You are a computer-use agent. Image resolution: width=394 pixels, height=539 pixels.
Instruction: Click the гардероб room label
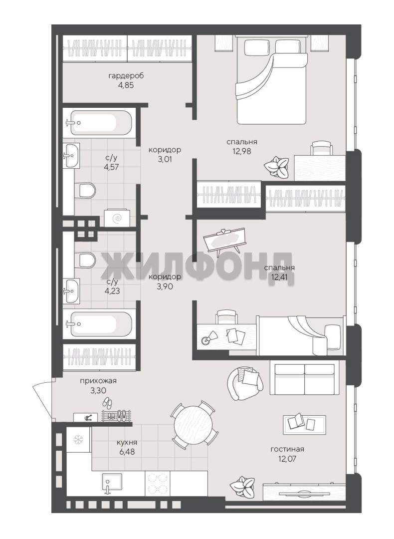click(x=125, y=76)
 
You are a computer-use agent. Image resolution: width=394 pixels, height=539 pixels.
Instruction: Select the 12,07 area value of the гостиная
click(x=287, y=458)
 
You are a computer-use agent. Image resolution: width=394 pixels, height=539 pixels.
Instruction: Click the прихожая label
click(x=98, y=380)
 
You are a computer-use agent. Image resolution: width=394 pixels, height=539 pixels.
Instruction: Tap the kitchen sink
click(x=112, y=484)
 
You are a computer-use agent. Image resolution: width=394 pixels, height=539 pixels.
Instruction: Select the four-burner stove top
click(x=157, y=483)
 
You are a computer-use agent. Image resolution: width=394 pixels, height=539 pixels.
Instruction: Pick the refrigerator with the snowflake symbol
click(x=79, y=439)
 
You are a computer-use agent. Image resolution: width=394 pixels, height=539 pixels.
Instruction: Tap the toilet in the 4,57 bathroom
click(x=87, y=190)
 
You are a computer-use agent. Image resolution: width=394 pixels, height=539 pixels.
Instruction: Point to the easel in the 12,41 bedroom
click(x=225, y=240)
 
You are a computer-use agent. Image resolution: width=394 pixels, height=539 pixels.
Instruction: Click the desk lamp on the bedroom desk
click(x=209, y=337)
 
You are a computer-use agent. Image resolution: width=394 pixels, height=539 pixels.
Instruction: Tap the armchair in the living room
click(x=244, y=383)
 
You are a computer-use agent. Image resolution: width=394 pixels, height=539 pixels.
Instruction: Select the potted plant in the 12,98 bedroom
click(x=276, y=166)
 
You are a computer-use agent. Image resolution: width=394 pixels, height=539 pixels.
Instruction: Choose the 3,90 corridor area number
click(x=164, y=285)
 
